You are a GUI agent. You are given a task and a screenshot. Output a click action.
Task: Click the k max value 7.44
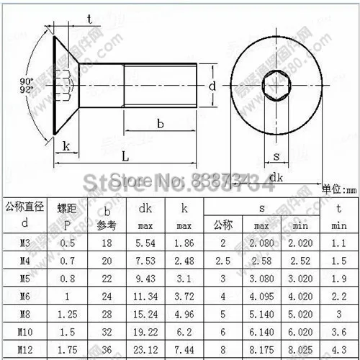pyautogui.click(x=184, y=348)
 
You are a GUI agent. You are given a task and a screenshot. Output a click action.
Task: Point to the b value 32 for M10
pyautogui.click(x=107, y=331)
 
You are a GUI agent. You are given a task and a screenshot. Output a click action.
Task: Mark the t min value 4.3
pyautogui.click(x=338, y=348)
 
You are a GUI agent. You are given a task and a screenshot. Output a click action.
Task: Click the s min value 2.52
pyautogui.click(x=300, y=261)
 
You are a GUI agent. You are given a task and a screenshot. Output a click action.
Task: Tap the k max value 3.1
pyautogui.click(x=184, y=279)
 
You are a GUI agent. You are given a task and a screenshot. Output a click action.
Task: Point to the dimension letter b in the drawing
pyautogui.click(x=160, y=124)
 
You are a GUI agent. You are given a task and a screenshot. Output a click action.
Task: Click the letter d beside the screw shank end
pyautogui.click(x=212, y=86)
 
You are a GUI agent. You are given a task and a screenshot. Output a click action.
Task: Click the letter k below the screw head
pyautogui.click(x=66, y=146)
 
